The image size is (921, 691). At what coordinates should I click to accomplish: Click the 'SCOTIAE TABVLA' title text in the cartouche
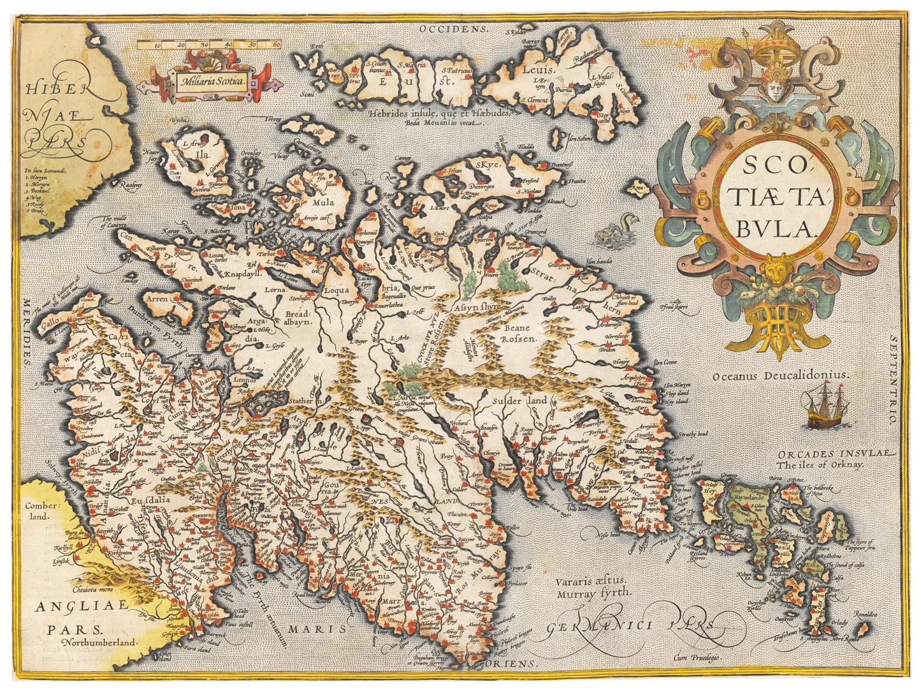coord(776,197)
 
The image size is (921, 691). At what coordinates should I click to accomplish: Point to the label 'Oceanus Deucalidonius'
coord(781,376)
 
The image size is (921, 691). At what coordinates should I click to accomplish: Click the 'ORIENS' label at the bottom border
coord(515,664)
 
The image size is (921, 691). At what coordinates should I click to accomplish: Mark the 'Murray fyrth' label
coord(592,592)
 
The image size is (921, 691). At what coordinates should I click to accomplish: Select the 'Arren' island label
coord(157,299)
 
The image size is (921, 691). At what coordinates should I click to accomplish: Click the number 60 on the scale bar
coord(276,45)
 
